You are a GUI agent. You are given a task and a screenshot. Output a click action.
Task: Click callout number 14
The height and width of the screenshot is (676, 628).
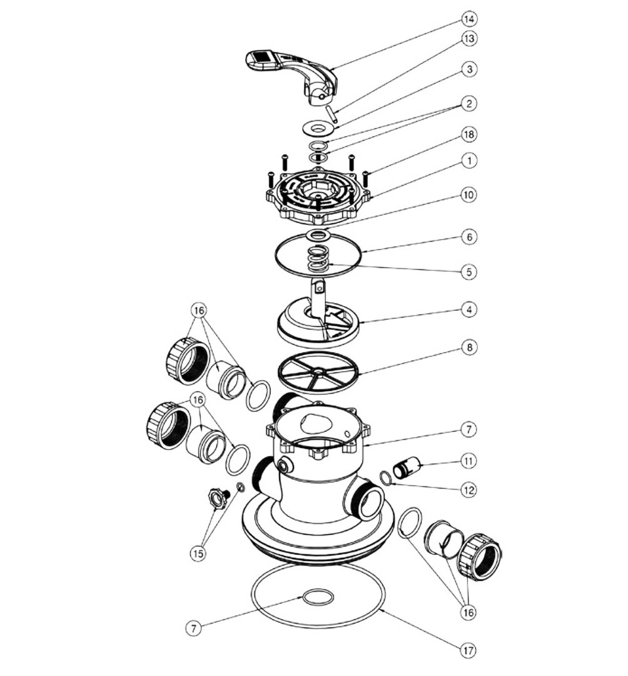(x=469, y=19)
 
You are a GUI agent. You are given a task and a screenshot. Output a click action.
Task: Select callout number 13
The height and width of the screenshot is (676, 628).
(x=469, y=38)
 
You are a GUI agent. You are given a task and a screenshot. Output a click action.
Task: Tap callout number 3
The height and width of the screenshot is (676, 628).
(x=469, y=69)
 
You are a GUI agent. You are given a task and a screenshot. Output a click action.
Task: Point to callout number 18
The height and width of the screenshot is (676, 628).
(x=469, y=134)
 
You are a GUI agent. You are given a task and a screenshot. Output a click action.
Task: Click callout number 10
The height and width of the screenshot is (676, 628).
(x=469, y=194)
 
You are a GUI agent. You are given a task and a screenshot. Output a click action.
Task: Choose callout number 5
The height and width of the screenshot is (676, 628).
(x=469, y=272)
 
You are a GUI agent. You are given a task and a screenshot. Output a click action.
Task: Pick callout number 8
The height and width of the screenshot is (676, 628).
(x=469, y=347)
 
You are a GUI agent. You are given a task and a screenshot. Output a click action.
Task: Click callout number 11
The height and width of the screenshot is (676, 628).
(x=469, y=461)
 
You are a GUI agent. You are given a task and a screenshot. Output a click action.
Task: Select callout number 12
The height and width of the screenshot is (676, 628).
(x=469, y=490)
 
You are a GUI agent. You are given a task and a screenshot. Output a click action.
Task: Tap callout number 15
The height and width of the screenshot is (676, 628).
(x=198, y=554)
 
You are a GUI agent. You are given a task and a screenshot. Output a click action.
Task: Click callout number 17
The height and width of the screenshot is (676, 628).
(x=469, y=650)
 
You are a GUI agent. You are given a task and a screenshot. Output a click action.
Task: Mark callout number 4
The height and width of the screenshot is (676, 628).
(x=469, y=309)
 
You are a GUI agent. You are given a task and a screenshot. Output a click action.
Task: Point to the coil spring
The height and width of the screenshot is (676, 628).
(x=318, y=259)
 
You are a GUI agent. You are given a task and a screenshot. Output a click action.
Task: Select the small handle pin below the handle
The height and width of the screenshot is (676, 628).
(x=331, y=113)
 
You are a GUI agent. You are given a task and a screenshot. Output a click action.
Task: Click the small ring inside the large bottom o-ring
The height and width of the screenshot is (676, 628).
(x=318, y=597)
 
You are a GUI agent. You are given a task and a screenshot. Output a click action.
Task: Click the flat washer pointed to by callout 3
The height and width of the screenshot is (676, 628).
(x=318, y=127)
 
